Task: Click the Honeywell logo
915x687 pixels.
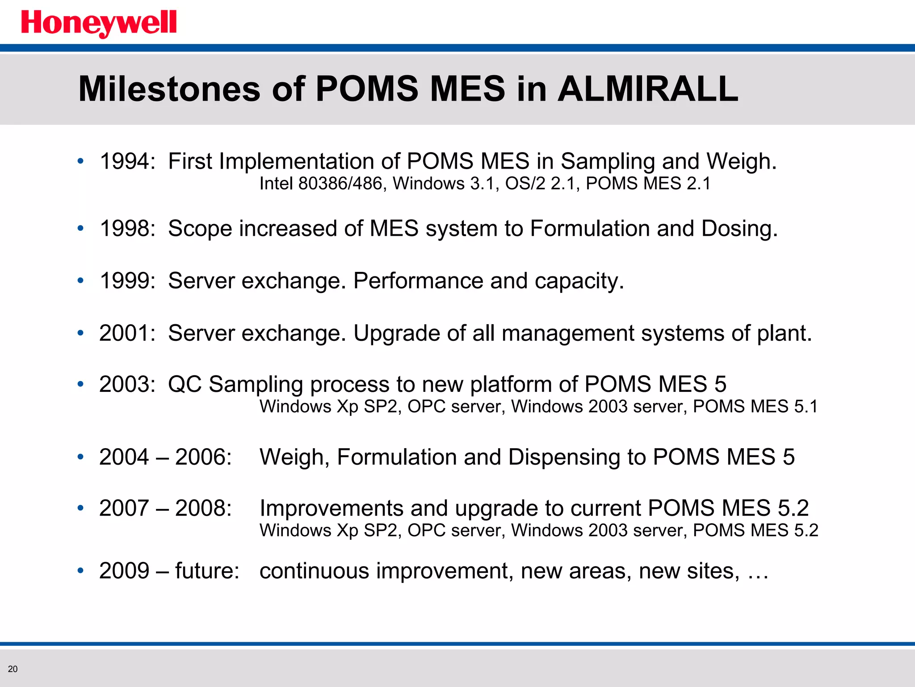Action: coord(99,24)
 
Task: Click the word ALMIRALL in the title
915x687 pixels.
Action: coord(648,89)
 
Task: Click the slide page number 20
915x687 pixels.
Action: coord(13,669)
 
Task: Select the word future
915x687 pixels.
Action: coord(207,571)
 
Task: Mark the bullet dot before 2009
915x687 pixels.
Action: coord(80,571)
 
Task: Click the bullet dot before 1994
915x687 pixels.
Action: coord(80,161)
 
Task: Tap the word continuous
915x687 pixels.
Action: coord(314,571)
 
